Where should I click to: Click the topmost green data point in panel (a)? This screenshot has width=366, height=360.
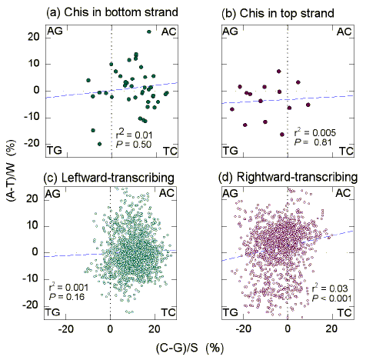(148, 32)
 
